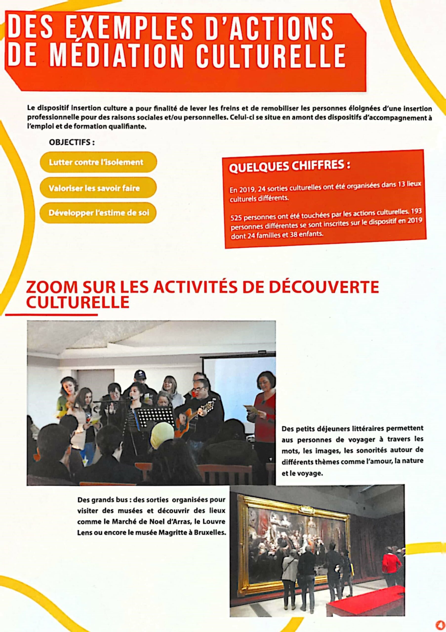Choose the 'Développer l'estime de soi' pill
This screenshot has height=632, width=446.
(x=98, y=213)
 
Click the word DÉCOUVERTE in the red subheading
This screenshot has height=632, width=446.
(x=324, y=287)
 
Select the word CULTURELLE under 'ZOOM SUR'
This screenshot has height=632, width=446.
(x=78, y=302)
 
